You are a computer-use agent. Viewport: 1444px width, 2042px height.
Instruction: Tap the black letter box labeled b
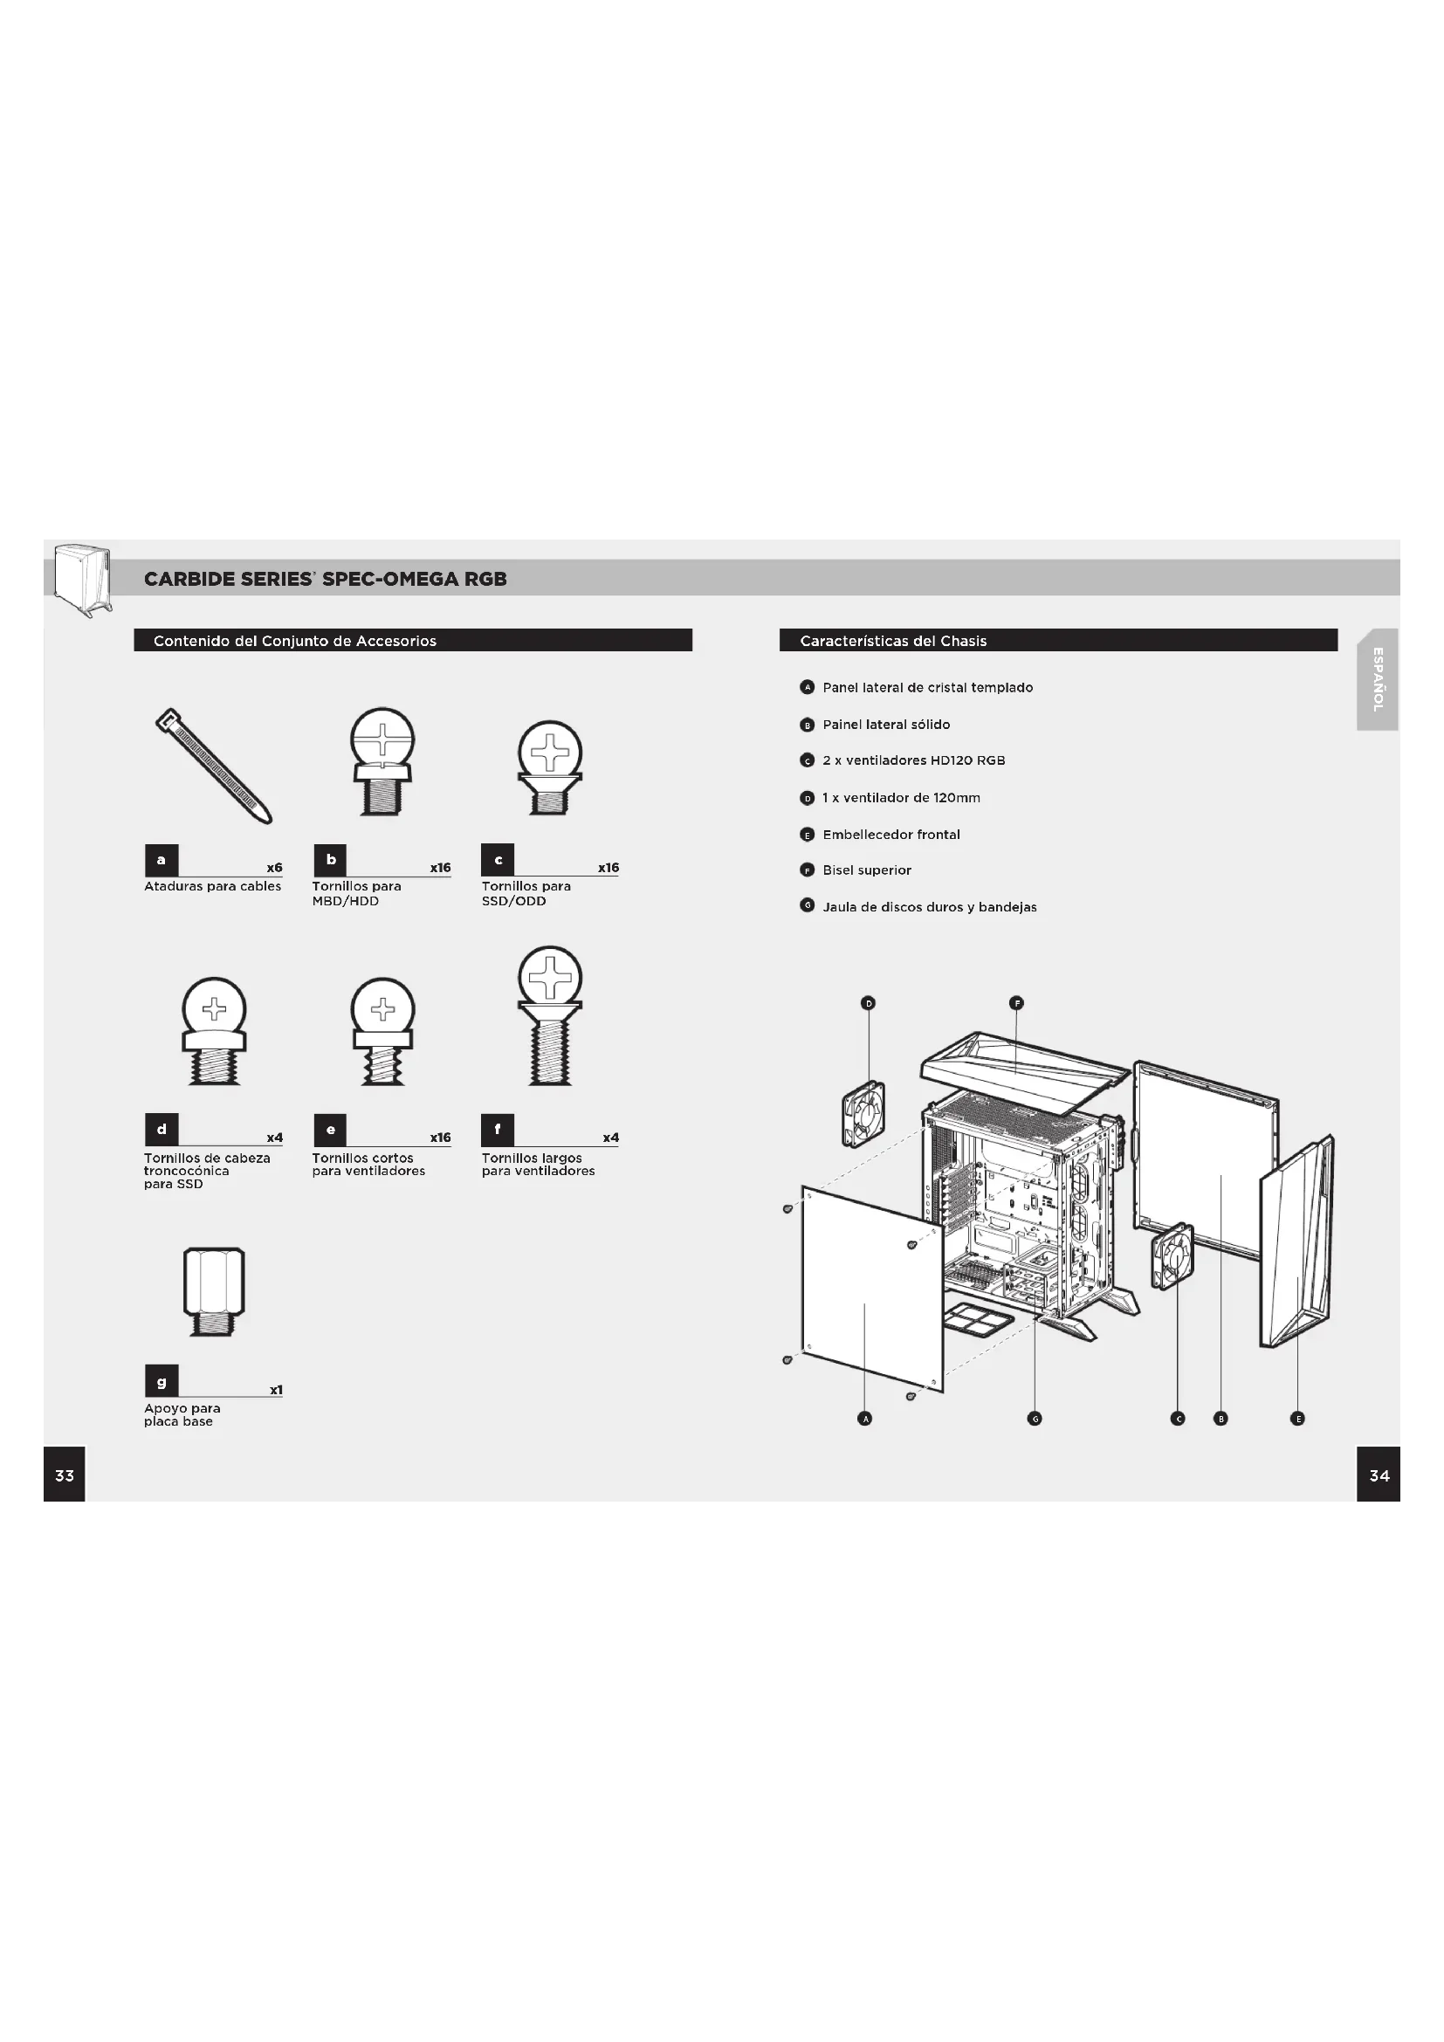(x=331, y=860)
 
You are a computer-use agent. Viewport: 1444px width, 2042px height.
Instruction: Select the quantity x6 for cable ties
(x=274, y=867)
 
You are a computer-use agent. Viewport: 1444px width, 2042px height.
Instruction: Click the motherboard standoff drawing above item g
(x=213, y=1290)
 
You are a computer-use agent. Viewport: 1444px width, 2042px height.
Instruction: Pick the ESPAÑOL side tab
(x=1378, y=679)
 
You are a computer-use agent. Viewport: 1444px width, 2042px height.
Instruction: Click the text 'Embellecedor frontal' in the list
(x=891, y=835)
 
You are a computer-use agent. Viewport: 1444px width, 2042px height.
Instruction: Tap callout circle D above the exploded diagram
(x=869, y=1003)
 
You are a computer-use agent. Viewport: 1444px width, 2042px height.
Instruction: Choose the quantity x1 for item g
(x=276, y=1390)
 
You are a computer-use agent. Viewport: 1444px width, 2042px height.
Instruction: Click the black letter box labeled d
(x=162, y=1130)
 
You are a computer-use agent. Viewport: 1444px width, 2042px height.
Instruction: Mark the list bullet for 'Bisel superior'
(x=808, y=870)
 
